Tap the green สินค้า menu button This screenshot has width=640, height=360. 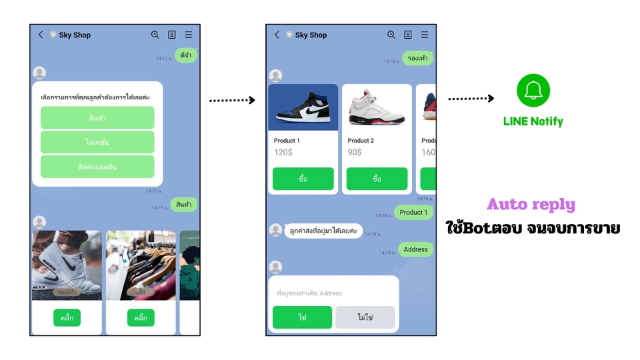pos(97,118)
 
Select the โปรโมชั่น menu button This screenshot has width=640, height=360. pos(97,142)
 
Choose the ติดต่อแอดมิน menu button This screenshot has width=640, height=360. pos(97,167)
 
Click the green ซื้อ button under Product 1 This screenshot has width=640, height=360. pos(303,179)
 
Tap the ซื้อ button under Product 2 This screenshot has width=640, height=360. pos(377,179)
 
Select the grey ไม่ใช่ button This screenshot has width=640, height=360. pos(365,317)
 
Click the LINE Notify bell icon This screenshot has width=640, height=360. pos(533,91)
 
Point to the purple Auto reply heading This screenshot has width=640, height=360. pos(531,204)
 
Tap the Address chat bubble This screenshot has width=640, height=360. pos(415,249)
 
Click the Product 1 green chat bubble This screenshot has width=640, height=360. pos(413,212)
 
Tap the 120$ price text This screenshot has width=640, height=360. pos(283,152)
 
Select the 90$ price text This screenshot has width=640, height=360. pos(355,152)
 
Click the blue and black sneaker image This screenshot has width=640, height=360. pos(303,107)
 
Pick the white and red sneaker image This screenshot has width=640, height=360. pos(377,107)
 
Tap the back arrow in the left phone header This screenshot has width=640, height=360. pos(41,35)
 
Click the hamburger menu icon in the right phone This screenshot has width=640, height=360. pos(424,35)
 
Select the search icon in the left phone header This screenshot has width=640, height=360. pos(155,35)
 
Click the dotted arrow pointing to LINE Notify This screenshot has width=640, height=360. pos(471,99)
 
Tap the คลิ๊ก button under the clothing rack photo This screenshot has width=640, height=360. pos(141,318)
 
